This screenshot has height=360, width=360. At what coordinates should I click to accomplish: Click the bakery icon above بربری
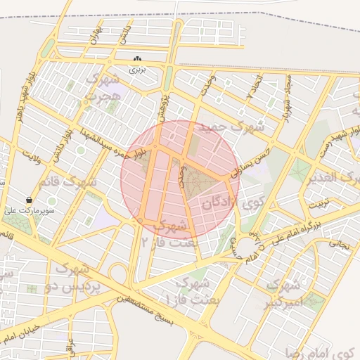[137, 60]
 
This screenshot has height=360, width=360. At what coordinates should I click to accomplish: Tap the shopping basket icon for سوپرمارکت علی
[29, 200]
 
